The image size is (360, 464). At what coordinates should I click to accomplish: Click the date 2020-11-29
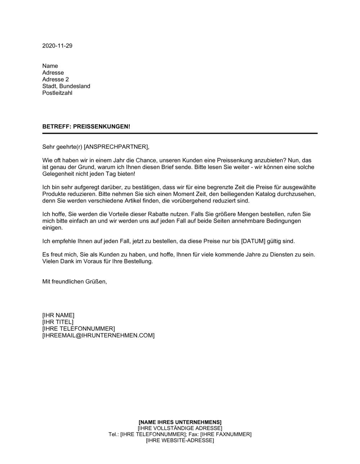pos(57,46)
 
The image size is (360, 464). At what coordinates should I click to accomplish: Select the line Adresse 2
pos(55,79)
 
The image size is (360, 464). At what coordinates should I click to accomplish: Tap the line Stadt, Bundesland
pos(66,86)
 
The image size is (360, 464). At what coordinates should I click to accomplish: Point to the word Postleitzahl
pos(57,93)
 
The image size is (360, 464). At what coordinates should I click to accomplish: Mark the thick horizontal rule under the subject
pos(180,133)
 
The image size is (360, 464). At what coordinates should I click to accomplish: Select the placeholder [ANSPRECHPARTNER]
pos(116,147)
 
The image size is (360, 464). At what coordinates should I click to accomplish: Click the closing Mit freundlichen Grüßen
pos(75,282)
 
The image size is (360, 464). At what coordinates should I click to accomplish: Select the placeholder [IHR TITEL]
pos(58,322)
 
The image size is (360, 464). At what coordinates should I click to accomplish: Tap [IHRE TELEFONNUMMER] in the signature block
pos(78,329)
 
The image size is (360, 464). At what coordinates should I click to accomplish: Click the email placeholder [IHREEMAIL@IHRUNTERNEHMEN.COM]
pos(98,336)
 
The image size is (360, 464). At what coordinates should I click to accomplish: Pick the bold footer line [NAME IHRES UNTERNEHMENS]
pos(180,422)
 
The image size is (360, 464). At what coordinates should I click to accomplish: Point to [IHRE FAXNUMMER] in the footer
pos(226,435)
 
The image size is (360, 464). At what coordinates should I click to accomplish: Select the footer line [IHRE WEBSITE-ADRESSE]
pos(180,441)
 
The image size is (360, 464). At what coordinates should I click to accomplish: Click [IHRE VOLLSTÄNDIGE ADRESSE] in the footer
pos(180,428)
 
